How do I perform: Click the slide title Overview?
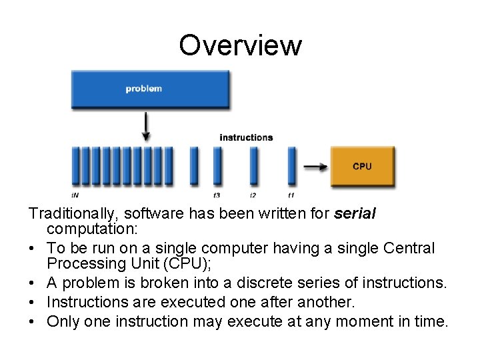click(x=240, y=45)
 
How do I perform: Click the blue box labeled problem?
click(x=151, y=89)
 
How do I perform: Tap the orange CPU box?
click(x=362, y=166)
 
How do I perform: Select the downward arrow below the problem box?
click(x=146, y=125)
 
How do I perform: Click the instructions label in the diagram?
click(x=246, y=137)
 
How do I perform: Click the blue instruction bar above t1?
click(x=291, y=165)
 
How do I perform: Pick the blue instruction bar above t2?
click(x=253, y=165)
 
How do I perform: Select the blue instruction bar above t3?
click(x=217, y=165)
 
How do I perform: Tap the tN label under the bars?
click(x=75, y=195)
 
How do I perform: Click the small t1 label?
click(x=291, y=195)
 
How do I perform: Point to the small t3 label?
click(x=217, y=195)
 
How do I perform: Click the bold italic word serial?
click(x=355, y=214)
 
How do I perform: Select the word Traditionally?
click(x=69, y=214)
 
